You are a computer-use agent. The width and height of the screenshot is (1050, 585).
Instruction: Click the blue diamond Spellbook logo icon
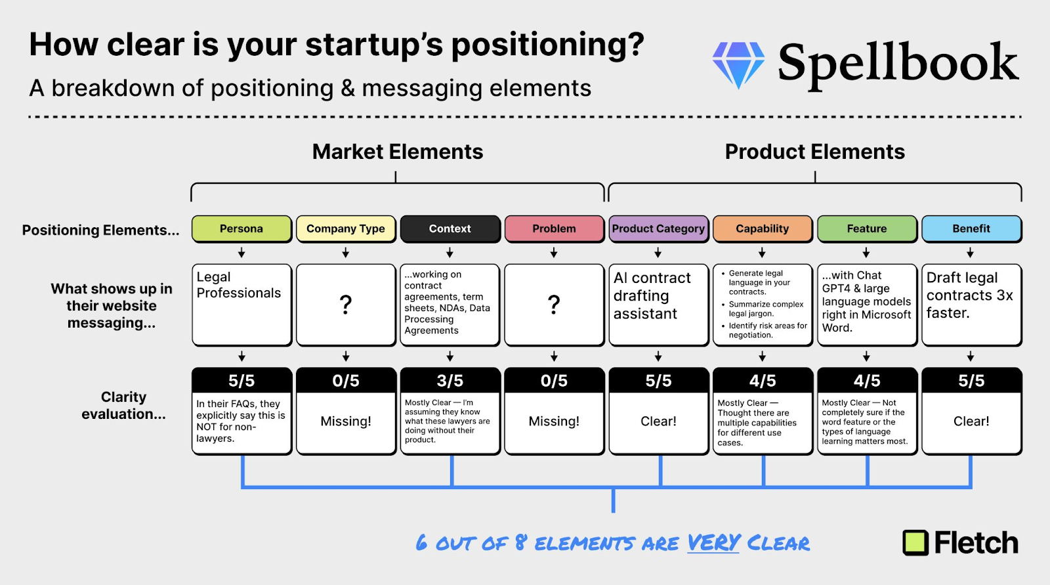point(738,65)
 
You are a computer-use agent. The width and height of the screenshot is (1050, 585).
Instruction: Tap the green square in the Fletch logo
point(915,543)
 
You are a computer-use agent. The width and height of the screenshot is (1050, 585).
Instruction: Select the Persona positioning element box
point(242,229)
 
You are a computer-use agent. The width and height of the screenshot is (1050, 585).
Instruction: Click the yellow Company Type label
point(346,229)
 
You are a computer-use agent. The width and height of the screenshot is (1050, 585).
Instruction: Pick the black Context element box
point(450,229)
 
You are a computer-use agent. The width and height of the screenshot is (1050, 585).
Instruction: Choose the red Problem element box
point(554,229)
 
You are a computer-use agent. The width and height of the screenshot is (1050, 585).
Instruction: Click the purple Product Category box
point(659,229)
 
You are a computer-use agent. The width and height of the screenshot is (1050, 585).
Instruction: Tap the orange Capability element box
point(763,229)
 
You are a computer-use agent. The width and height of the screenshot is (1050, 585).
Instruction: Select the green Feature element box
point(867,229)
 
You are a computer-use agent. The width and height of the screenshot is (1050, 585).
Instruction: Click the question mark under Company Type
point(345,305)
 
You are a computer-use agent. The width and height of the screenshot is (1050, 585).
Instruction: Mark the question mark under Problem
point(554,305)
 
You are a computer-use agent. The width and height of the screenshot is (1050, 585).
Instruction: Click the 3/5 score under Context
point(450,380)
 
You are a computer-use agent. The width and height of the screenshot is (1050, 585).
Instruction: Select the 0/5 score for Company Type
point(346,380)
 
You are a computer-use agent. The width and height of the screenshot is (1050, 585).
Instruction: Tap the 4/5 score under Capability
point(763,380)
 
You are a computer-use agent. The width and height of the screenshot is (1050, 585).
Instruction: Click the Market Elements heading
point(398,152)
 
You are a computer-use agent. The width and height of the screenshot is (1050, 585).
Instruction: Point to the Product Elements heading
point(814,152)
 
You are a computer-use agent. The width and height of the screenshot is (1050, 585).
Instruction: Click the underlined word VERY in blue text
point(713,543)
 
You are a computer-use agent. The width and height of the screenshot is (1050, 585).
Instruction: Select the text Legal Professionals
point(239,285)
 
